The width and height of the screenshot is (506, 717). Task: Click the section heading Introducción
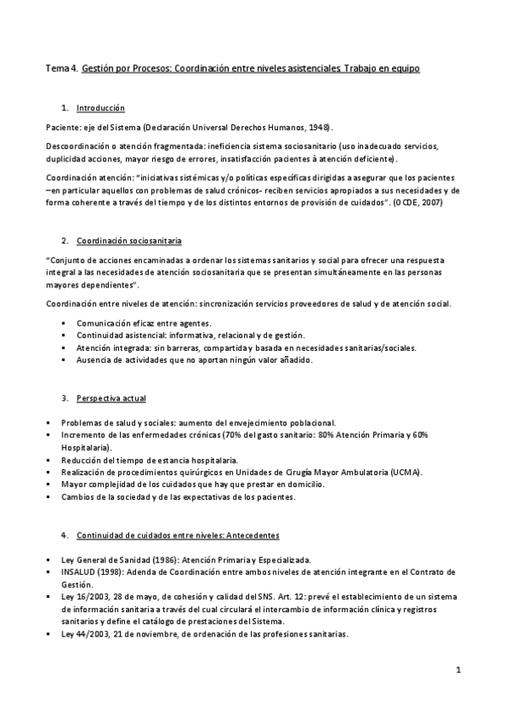pos(100,109)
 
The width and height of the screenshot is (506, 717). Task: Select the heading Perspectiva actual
pos(110,398)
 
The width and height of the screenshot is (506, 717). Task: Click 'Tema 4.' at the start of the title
pos(62,66)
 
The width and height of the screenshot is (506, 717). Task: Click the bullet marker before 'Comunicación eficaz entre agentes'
pos(63,323)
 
